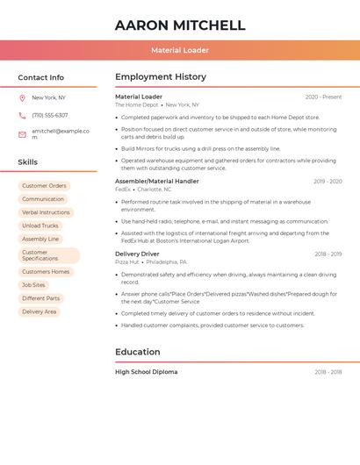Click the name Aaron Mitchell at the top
pyautogui.click(x=180, y=25)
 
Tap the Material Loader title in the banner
pyautogui.click(x=180, y=51)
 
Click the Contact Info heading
pyautogui.click(x=41, y=77)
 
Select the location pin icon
pyautogui.click(x=22, y=97)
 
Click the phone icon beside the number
pyautogui.click(x=22, y=115)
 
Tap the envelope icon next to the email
pyautogui.click(x=22, y=134)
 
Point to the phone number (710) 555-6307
pyautogui.click(x=50, y=115)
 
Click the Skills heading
pyautogui.click(x=28, y=162)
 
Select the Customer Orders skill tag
pyautogui.click(x=44, y=186)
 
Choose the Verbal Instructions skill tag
pyautogui.click(x=46, y=212)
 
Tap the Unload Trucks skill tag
pyautogui.click(x=40, y=225)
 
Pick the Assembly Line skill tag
pyautogui.click(x=40, y=239)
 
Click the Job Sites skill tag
pyautogui.click(x=33, y=285)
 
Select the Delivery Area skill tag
pyautogui.click(x=39, y=311)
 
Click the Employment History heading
pyautogui.click(x=161, y=77)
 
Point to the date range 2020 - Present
pyautogui.click(x=323, y=97)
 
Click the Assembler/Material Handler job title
pyautogui.click(x=157, y=181)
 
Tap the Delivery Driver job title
pyautogui.click(x=137, y=254)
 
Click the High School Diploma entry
pyautogui.click(x=146, y=372)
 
